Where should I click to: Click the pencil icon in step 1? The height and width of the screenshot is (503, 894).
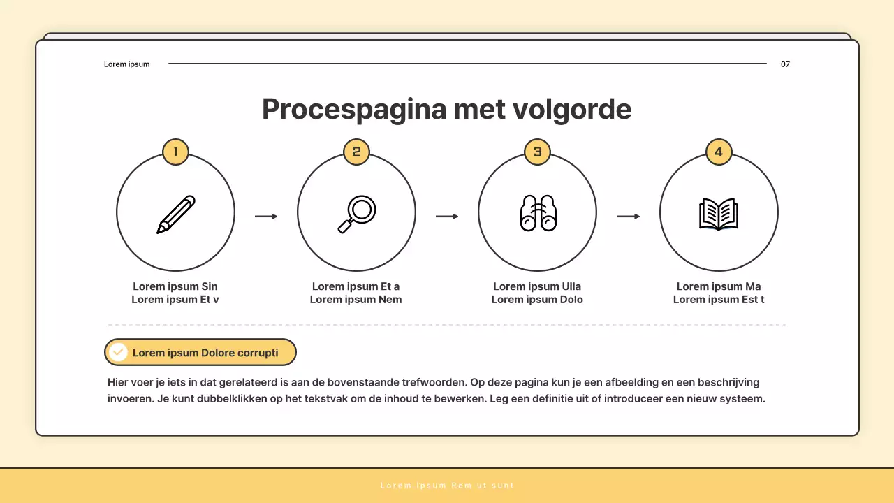(x=176, y=214)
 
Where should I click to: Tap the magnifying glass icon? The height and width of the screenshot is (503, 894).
(x=357, y=214)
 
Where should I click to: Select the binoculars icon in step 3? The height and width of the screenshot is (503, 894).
(x=538, y=213)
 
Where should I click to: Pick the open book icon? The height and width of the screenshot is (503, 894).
(x=719, y=214)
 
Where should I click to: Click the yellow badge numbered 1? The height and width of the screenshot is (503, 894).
(x=175, y=152)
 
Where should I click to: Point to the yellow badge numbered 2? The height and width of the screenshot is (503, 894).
(x=356, y=152)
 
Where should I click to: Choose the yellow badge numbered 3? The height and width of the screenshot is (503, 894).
(x=537, y=152)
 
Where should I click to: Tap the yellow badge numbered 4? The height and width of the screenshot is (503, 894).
(x=719, y=152)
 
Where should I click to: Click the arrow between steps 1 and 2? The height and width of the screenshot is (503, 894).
(x=266, y=217)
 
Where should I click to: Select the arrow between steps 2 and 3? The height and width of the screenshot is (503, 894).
(x=447, y=217)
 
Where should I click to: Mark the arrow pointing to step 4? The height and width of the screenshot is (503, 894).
(x=629, y=217)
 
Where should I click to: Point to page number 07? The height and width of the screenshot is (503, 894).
(x=785, y=64)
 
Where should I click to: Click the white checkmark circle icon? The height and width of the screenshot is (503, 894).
(x=119, y=352)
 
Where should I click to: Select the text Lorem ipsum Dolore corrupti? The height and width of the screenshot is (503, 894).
(x=205, y=353)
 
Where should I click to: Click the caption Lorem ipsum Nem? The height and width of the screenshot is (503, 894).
(x=356, y=300)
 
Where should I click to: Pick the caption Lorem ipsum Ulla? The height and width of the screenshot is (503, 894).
(x=537, y=286)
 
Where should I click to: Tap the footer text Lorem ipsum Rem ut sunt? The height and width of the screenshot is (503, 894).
(x=447, y=486)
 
